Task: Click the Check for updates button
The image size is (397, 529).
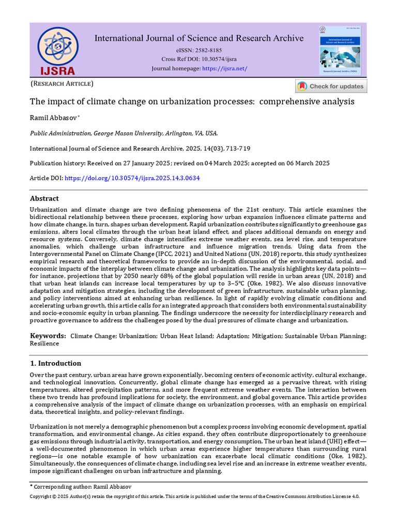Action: [331, 86]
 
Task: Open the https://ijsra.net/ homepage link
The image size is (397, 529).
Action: [224, 69]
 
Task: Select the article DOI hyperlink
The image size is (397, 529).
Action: [132, 178]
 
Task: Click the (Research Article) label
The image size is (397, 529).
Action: [62, 84]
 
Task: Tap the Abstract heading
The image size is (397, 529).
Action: [44, 198]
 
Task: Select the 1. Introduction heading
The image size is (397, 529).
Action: [55, 363]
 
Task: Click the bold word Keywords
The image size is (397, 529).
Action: [47, 336]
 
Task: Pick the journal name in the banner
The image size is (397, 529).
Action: [198, 38]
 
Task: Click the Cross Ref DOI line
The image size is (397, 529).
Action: [198, 59]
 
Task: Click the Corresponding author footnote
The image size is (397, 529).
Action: [88, 487]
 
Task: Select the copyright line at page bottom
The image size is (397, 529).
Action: [194, 496]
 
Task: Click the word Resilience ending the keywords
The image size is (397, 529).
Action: [44, 344]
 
